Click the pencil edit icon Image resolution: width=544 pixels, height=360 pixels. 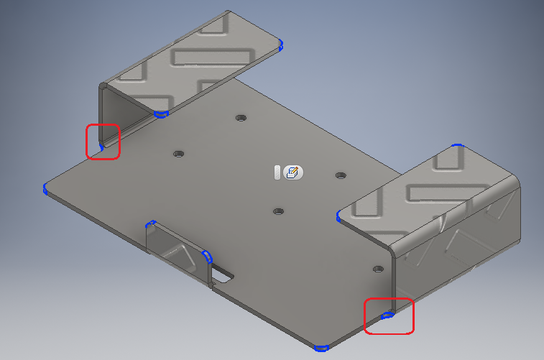(293, 172)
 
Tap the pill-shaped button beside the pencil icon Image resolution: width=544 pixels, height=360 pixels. (277, 172)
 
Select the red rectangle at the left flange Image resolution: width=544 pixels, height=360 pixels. (103, 141)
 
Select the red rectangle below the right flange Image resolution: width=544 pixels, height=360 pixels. (389, 316)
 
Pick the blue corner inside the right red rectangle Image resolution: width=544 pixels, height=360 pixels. (387, 315)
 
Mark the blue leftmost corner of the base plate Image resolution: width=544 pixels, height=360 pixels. (45, 188)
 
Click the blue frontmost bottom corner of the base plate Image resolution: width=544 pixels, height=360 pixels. (321, 348)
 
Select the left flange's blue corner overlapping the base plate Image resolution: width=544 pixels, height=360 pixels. (161, 114)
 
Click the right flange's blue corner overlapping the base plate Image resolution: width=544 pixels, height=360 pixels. (338, 214)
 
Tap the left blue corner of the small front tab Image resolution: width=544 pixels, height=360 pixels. (150, 223)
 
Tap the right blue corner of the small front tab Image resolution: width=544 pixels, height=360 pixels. (208, 257)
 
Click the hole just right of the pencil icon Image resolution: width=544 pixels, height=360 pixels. (341, 175)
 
